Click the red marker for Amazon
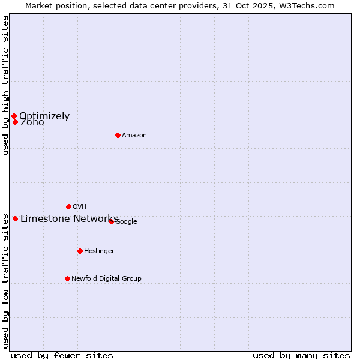[118, 135]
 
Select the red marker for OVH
[68, 206]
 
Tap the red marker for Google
[111, 221]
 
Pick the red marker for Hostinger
[80, 251]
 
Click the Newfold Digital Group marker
[67, 278]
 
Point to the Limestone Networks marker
[15, 218]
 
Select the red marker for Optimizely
[14, 116]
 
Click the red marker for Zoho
[15, 122]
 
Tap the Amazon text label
[134, 136]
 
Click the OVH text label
[80, 207]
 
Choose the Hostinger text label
[99, 251]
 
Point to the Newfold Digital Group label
[106, 279]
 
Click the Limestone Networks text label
[69, 218]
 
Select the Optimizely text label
[44, 116]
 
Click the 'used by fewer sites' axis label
[62, 356]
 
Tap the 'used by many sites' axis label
[301, 356]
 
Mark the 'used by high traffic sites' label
[5, 85]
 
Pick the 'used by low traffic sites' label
[5, 280]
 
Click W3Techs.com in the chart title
[310, 6]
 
